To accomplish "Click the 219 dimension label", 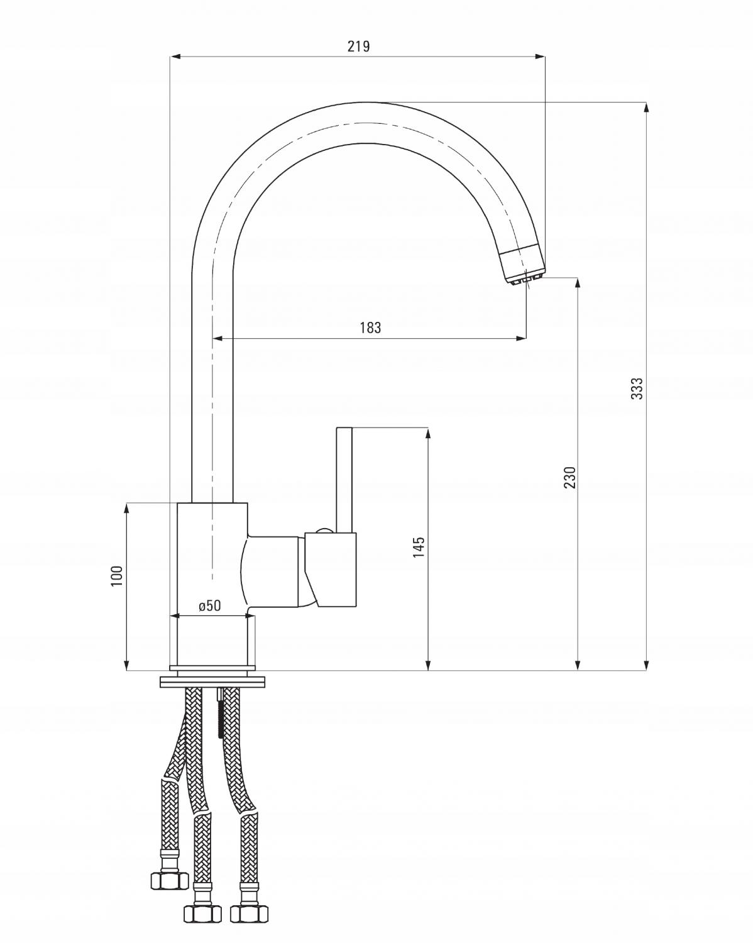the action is (x=359, y=46).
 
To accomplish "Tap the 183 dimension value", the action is (x=371, y=328).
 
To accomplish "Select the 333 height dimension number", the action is (x=637, y=389).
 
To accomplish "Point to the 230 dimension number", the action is (x=569, y=477).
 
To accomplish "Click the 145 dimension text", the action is (x=419, y=546).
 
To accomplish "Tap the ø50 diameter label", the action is (x=209, y=605).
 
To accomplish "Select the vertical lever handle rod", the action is (x=344, y=480).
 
